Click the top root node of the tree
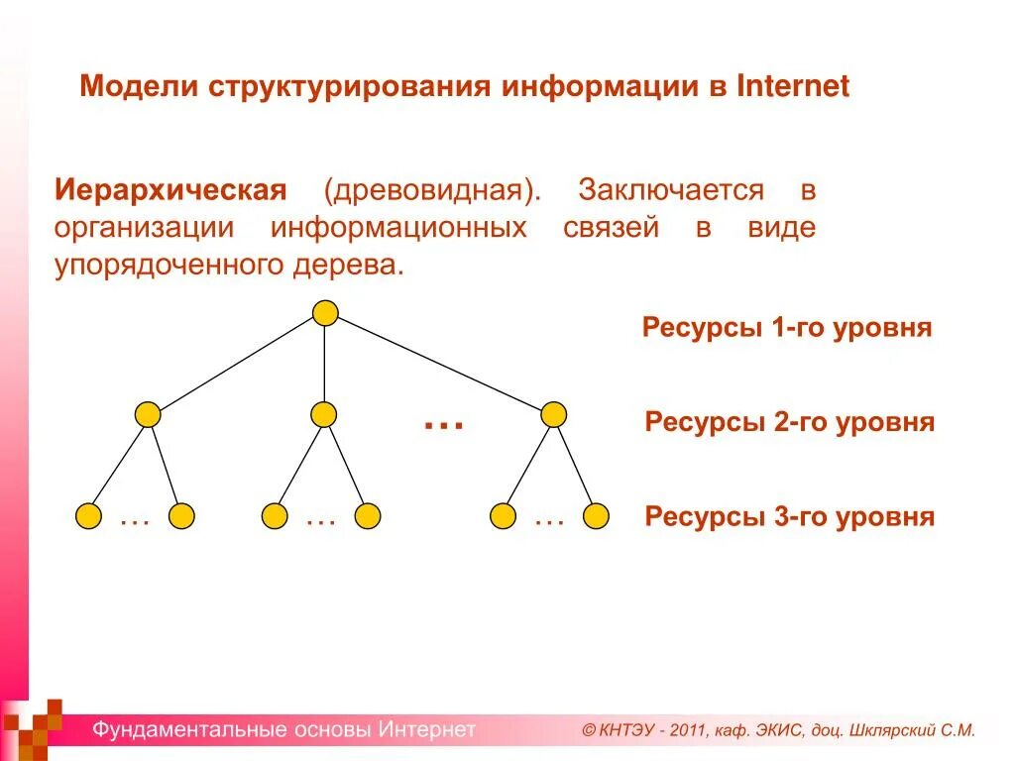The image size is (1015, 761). click(325, 313)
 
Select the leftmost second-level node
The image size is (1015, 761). click(148, 414)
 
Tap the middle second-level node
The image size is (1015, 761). click(323, 414)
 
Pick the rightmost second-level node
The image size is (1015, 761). click(554, 414)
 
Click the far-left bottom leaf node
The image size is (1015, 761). click(89, 516)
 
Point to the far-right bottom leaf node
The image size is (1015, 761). click(596, 516)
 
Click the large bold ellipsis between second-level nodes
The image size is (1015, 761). click(444, 424)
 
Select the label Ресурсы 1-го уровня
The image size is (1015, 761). click(787, 328)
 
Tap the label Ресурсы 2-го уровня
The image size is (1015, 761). click(789, 423)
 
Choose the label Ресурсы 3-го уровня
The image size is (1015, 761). click(789, 517)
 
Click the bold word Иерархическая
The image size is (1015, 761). click(170, 190)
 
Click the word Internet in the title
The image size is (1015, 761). click(793, 86)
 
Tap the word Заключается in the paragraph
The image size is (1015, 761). click(672, 190)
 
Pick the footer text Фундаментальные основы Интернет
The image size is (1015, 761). click(284, 730)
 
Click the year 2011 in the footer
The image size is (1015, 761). click(687, 731)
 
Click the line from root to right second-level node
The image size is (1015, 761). click(440, 364)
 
